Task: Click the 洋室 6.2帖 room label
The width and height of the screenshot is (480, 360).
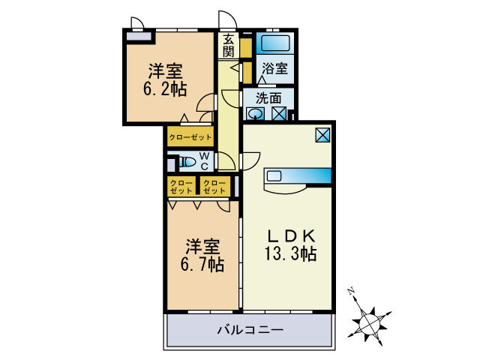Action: pyautogui.click(x=165, y=78)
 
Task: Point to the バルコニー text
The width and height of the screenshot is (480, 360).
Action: pyautogui.click(x=250, y=329)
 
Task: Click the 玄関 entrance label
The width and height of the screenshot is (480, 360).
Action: pyautogui.click(x=228, y=46)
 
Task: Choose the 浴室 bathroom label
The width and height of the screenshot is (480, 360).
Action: pyautogui.click(x=274, y=68)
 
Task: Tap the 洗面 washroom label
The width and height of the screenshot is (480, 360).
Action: pyautogui.click(x=268, y=97)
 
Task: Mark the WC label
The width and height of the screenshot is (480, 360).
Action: pyautogui.click(x=204, y=160)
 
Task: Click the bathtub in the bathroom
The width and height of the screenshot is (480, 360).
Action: pyautogui.click(x=274, y=42)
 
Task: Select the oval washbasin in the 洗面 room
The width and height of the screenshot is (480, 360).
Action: pyautogui.click(x=256, y=114)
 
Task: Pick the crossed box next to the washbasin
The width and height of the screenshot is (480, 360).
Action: pyautogui.click(x=278, y=114)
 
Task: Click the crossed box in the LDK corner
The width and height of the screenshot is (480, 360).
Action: pyautogui.click(x=322, y=135)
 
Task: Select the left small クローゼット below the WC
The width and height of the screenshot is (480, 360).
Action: pyautogui.click(x=181, y=186)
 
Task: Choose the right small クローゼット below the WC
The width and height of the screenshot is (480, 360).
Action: pyautogui.click(x=214, y=186)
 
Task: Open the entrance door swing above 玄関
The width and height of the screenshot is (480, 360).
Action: pyautogui.click(x=226, y=20)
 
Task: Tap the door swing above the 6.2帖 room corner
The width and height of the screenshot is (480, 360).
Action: pyautogui.click(x=136, y=22)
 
